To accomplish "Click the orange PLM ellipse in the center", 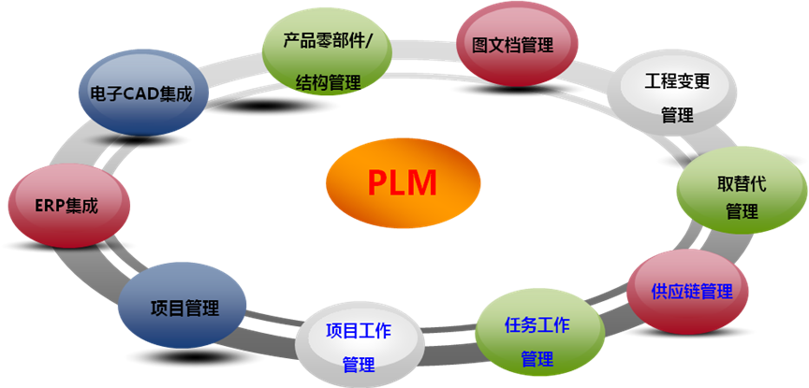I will click(x=404, y=181).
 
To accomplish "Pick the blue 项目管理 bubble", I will click(x=184, y=306).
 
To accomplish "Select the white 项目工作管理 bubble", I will click(x=358, y=345).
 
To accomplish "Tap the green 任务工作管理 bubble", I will click(x=536, y=338).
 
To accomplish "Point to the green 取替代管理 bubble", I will click(x=742, y=194).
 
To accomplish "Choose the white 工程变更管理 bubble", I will click(x=676, y=95).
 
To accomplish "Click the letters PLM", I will click(x=403, y=181).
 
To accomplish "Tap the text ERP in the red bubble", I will click(x=48, y=207).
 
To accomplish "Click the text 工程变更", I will click(x=677, y=80).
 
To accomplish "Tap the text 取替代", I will click(x=742, y=182).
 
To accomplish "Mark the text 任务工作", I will click(x=537, y=325).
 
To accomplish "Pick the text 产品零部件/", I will click(x=329, y=42).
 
